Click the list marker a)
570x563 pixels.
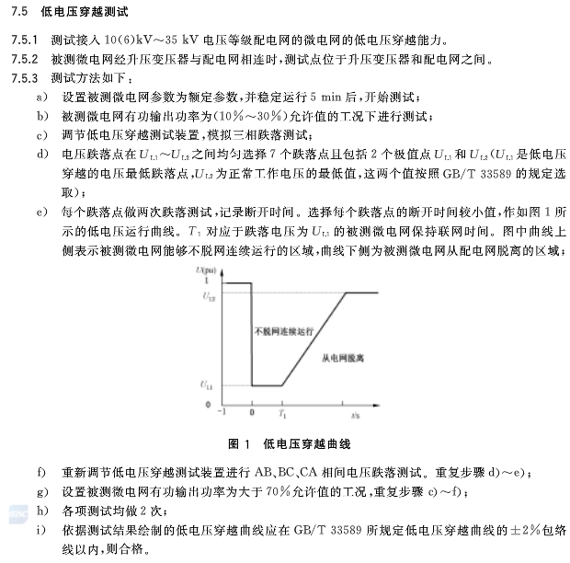point(40,98)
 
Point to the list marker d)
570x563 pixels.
point(40,154)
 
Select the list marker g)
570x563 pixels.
point(40,490)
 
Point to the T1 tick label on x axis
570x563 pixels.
point(283,417)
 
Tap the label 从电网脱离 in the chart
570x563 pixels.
point(343,354)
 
